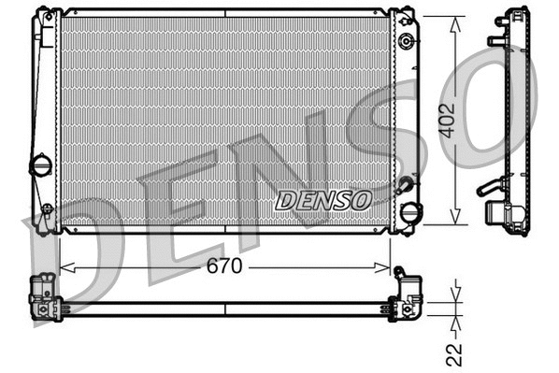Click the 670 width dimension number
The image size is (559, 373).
(x=224, y=266)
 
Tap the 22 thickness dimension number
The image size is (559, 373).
(x=454, y=352)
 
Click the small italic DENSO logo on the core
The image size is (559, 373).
(x=323, y=200)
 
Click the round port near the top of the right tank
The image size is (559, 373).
(x=406, y=42)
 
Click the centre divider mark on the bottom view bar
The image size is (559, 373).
(x=225, y=308)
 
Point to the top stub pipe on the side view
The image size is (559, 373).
(x=494, y=41)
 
